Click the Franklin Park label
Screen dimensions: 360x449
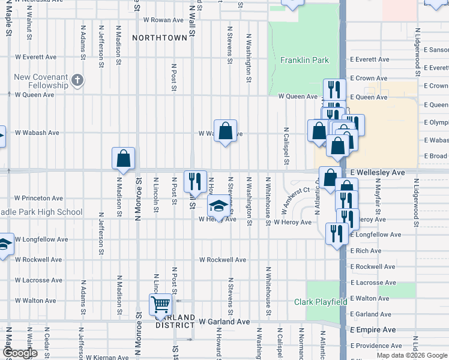point(304,60)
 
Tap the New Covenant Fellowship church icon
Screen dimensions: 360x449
point(77,80)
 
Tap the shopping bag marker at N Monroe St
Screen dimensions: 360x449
point(123,159)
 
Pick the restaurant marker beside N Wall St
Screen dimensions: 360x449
point(195,181)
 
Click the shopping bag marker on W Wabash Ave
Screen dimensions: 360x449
point(225,131)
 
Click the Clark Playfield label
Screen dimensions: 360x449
point(321,302)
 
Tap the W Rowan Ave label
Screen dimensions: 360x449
point(164,20)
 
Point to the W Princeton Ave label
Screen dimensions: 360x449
point(39,198)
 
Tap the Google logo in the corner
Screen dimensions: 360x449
point(20,353)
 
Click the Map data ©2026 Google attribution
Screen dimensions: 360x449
point(412,355)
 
